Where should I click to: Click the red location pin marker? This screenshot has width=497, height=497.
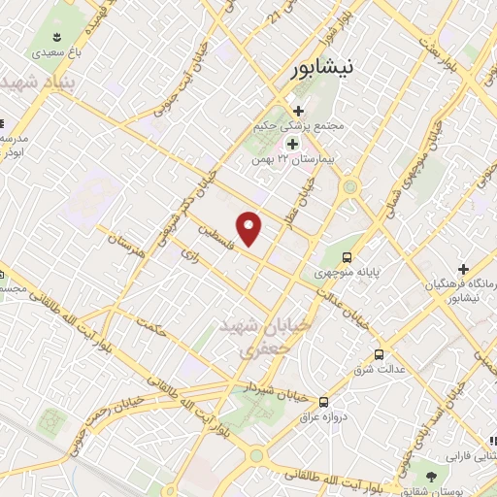coord(250,228)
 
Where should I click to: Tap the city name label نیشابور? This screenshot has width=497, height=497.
coord(329,68)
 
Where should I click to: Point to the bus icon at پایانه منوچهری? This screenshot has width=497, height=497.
coord(348,258)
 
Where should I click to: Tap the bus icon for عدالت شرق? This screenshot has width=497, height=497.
coord(379,355)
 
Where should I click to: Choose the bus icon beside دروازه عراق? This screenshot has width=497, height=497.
coord(324,401)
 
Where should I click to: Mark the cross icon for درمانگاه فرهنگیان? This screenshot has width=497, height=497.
coord(464,269)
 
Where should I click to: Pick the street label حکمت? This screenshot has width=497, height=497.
coord(153,326)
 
